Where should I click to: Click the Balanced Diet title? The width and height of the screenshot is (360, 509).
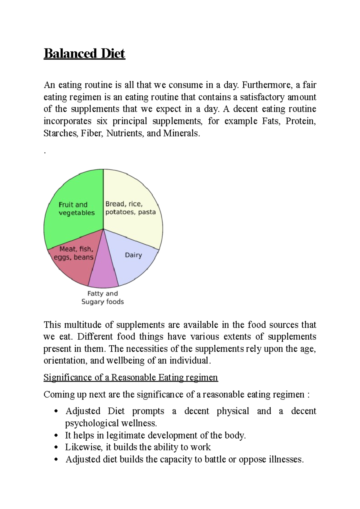tap(84, 54)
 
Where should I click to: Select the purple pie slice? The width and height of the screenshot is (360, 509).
tap(103, 270)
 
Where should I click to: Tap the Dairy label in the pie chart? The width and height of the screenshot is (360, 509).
tap(133, 255)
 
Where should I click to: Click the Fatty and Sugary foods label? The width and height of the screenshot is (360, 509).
tap(103, 298)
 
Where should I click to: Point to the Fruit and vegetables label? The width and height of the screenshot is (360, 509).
tap(76, 209)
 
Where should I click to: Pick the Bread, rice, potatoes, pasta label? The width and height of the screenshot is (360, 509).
tap(130, 208)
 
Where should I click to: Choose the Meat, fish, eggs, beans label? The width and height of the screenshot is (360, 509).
tap(74, 253)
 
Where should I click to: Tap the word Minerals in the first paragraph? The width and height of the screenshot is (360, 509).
tap(181, 133)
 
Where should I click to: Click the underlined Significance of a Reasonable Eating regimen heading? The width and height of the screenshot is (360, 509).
tap(130, 377)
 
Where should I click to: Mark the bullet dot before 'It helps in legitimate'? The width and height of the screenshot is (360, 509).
tap(56, 436)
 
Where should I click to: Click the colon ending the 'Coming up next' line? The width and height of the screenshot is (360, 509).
tap(308, 395)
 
